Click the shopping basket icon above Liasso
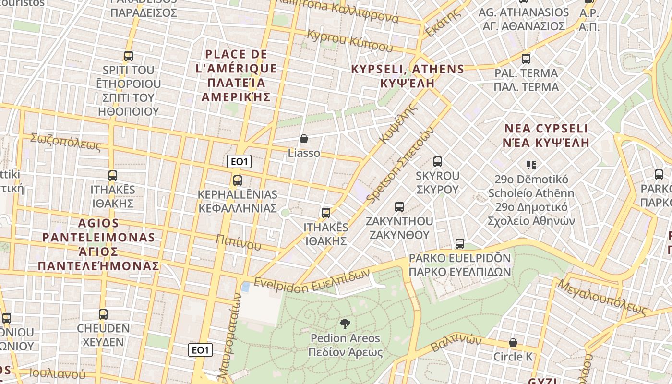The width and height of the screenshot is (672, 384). (x=303, y=139)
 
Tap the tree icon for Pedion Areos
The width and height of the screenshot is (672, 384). (x=345, y=324)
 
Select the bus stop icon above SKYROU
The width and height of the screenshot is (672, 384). (x=437, y=162)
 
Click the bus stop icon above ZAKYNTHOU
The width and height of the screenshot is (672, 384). (x=399, y=207)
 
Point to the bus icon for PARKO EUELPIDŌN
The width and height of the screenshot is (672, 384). (x=459, y=244)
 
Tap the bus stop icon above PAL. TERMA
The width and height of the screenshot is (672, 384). (x=526, y=59)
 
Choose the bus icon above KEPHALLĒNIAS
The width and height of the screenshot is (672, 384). (x=237, y=180)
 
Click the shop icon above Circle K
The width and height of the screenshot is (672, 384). (x=513, y=343)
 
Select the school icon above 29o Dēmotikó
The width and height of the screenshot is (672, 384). (x=531, y=165)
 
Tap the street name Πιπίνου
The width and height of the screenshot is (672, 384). (x=238, y=243)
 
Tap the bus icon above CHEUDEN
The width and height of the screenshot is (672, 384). (x=103, y=314)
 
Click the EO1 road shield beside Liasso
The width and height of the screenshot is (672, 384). (x=239, y=162)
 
